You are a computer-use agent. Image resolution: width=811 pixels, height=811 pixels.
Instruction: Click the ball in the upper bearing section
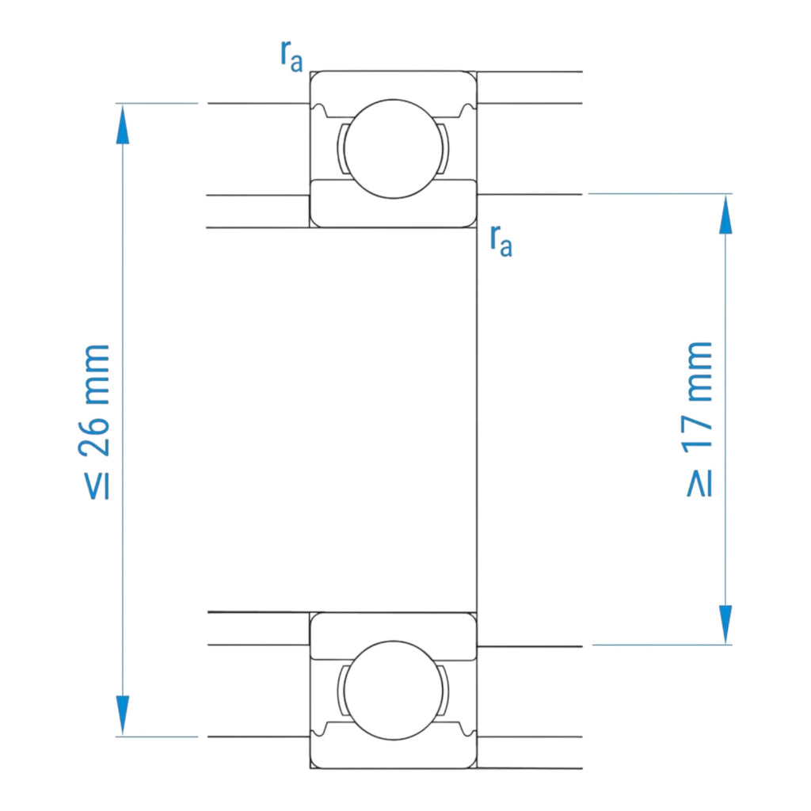click(x=392, y=148)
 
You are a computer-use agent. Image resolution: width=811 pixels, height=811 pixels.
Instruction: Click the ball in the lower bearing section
click(x=392, y=690)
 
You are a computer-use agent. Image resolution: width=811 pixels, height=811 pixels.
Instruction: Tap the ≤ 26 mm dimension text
click(x=96, y=421)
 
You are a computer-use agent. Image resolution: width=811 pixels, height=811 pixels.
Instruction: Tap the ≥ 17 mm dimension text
click(x=700, y=419)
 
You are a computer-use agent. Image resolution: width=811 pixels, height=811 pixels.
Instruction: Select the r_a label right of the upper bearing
click(x=501, y=240)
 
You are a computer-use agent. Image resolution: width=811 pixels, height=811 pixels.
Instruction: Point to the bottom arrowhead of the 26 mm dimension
click(x=122, y=714)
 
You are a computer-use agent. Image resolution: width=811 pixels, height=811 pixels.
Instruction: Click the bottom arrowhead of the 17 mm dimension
click(x=725, y=625)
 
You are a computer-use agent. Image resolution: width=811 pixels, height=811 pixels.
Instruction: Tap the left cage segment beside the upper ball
click(x=343, y=148)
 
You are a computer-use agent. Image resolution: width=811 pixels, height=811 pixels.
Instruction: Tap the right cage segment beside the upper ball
click(x=444, y=148)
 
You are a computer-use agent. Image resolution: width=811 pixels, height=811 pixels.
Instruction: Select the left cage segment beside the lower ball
click(x=343, y=690)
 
